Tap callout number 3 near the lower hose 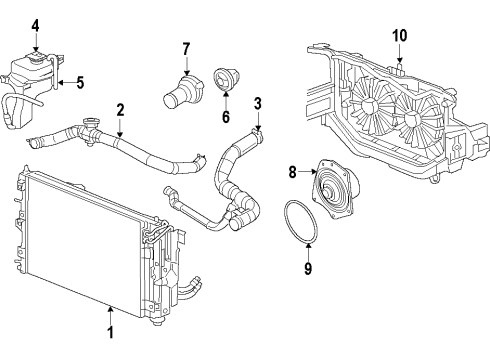[x=257, y=104]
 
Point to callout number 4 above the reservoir [x=35, y=25]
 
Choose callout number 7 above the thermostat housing [x=185, y=48]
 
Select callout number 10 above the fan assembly [x=399, y=36]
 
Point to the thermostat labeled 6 [x=222, y=80]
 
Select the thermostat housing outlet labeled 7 [x=181, y=93]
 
